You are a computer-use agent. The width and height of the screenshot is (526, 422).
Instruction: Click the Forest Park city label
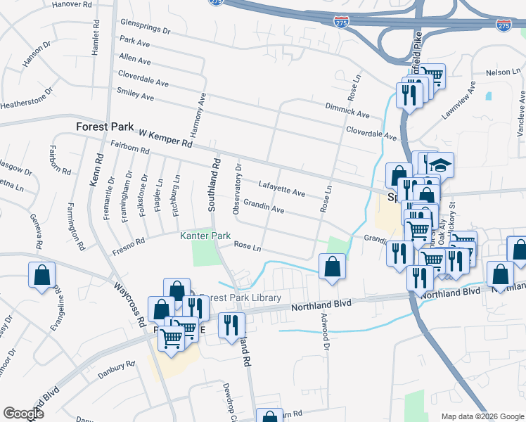(x=105, y=127)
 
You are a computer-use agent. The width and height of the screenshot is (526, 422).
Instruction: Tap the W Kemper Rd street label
(x=165, y=137)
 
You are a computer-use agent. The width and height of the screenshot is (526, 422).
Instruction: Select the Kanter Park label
(x=205, y=236)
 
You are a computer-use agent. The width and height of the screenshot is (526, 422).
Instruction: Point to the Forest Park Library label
(x=240, y=298)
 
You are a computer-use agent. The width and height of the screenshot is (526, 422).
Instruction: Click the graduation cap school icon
(x=441, y=166)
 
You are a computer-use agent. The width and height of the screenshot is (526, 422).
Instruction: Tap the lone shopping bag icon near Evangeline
(x=41, y=274)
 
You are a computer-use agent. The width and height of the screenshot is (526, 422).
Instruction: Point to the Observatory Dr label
(x=238, y=188)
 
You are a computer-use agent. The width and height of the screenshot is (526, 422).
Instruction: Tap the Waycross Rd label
(x=131, y=304)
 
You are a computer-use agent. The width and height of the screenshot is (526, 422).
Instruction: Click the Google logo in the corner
(x=23, y=413)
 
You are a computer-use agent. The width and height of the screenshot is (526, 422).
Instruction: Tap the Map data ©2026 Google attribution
(x=482, y=416)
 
